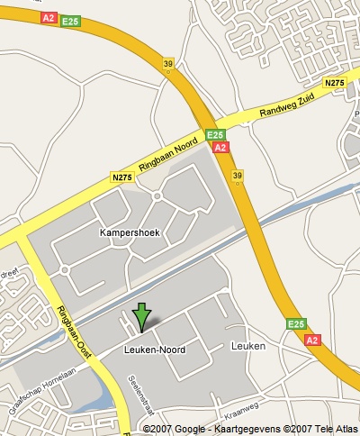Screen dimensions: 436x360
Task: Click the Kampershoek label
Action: (x=129, y=232)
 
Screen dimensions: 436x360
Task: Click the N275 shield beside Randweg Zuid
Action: (x=335, y=83)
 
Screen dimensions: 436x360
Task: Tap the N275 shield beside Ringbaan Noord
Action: (x=122, y=178)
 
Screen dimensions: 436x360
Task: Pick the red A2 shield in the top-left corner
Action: (x=49, y=17)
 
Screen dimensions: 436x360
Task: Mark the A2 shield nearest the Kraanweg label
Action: (x=312, y=341)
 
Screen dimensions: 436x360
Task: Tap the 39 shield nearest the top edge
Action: (x=167, y=64)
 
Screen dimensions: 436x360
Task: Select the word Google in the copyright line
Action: (x=185, y=429)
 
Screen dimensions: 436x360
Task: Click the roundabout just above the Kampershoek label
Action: (x=157, y=195)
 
